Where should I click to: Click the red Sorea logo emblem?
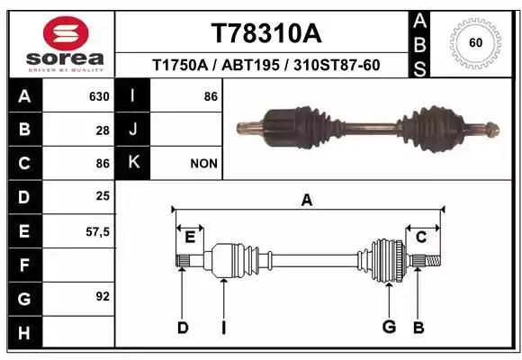66,33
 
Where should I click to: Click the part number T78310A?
266,33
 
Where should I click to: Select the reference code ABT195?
250,66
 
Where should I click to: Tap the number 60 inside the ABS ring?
475,43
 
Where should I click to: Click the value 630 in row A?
99,97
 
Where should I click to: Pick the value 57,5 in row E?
97,231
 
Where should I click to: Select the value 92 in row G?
103,296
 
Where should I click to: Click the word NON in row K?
203,164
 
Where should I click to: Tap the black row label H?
24,333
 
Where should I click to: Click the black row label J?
133,130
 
